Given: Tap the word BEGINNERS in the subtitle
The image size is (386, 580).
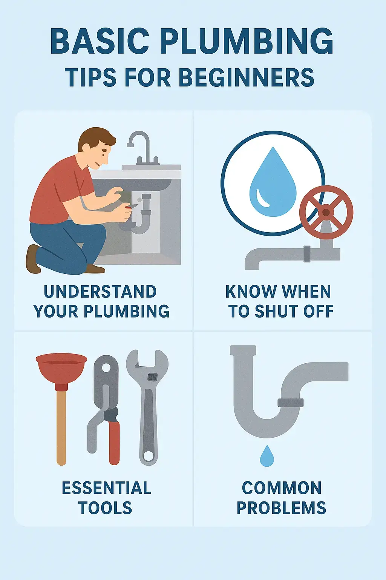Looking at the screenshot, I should click(246, 78).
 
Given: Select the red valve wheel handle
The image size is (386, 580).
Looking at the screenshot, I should click(326, 212).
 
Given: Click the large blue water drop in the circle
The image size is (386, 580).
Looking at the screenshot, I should click(273, 184).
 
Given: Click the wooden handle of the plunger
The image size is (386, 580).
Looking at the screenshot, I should click(61, 427).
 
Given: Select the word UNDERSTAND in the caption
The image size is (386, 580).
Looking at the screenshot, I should click(100, 292).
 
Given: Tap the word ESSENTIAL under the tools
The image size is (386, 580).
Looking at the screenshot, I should click(107, 488).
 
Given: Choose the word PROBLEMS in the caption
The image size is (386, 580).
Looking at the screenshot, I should click(281, 508).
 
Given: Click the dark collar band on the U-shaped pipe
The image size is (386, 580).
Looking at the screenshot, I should click(290, 403).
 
